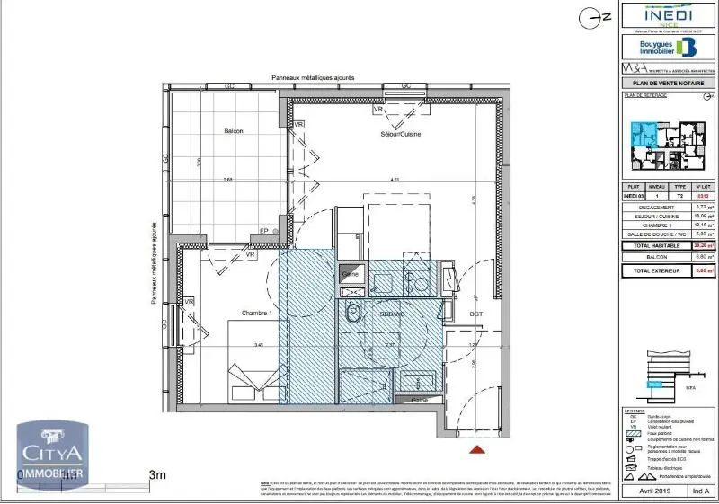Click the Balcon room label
[x=234, y=131]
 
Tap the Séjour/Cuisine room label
[x=400, y=134]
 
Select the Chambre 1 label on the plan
[x=256, y=313]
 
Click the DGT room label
[x=475, y=314]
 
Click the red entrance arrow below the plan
[x=478, y=446]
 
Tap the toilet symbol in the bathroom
[x=353, y=314]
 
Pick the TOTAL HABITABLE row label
[x=655, y=245]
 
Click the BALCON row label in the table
[x=655, y=257]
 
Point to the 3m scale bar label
[x=158, y=474]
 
